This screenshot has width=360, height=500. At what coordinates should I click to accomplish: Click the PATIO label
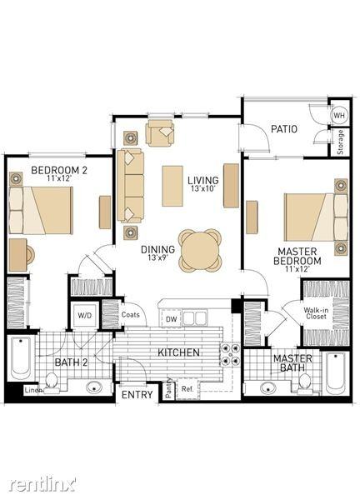[x=284, y=129]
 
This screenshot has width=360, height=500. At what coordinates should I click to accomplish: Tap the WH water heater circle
[x=339, y=115]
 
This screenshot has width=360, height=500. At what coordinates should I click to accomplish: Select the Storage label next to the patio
[x=340, y=142]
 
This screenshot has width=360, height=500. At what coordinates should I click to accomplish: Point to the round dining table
[x=201, y=250]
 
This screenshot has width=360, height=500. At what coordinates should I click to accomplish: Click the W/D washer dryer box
[x=85, y=316]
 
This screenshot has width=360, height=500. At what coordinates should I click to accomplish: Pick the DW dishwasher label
[x=171, y=318]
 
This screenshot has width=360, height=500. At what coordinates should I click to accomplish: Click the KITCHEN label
[x=178, y=352]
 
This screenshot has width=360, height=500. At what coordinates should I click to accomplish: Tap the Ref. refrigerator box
[x=187, y=388]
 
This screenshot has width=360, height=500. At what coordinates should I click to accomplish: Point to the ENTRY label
[x=137, y=394]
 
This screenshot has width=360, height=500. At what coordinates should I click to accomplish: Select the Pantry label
[x=168, y=387]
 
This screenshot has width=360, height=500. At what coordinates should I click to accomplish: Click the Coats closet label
[x=131, y=315]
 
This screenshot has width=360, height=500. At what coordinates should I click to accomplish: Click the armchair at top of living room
[x=161, y=132]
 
